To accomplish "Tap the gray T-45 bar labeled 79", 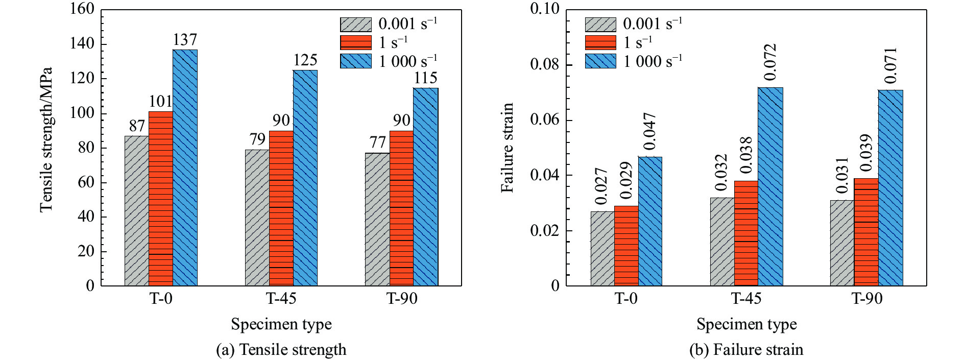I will (x=257, y=218).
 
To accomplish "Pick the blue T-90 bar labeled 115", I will (x=425, y=186).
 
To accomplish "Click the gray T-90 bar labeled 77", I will (x=377, y=219).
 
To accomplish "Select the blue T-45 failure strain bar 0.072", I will (x=770, y=186).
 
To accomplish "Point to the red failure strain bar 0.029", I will (x=626, y=246).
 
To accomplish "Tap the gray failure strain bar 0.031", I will (x=842, y=243).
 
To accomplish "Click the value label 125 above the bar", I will (x=305, y=60).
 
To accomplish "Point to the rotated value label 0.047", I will (x=649, y=132).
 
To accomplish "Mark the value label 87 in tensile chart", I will (x=137, y=126).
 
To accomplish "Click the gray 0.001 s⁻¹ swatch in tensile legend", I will (x=356, y=24).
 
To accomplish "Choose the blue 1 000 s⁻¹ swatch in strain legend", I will (x=600, y=61).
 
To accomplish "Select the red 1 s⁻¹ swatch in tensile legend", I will (x=356, y=42).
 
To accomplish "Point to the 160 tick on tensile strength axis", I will (x=82, y=9).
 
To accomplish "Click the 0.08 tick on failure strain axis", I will (x=545, y=65).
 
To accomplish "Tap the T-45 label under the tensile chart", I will (x=281, y=298).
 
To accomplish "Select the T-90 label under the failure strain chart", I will (x=866, y=298).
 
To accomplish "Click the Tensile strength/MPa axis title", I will (x=46, y=139).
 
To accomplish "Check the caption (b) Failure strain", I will (x=746, y=350).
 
